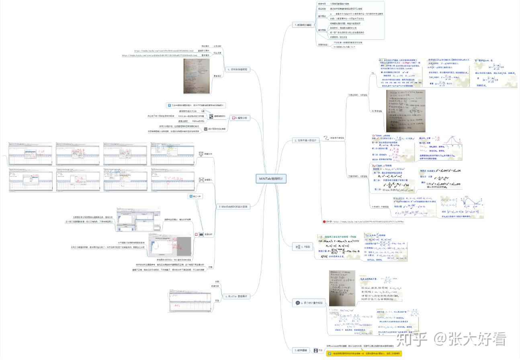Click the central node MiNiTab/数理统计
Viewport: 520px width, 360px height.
tap(271, 179)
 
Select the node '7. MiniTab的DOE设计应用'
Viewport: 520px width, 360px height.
tap(233, 207)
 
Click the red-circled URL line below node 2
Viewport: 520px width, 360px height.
tap(364, 221)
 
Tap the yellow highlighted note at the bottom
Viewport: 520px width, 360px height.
tap(364, 354)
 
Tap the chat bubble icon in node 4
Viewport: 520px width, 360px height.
tap(297, 303)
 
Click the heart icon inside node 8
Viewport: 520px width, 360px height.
tap(234, 118)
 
